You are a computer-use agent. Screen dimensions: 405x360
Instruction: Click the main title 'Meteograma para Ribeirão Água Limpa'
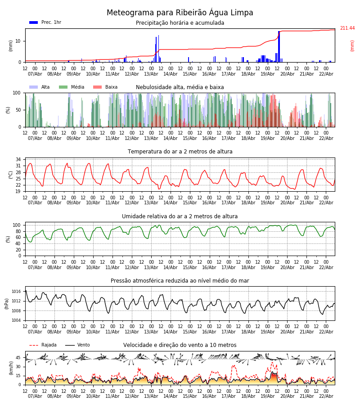pyautogui.click(x=180, y=13)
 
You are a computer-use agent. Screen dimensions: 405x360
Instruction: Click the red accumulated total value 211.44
pyautogui.click(x=347, y=28)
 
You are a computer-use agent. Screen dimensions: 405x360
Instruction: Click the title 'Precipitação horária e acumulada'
pyautogui.click(x=180, y=23)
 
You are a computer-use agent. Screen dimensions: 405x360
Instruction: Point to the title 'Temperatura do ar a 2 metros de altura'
pyautogui.click(x=180, y=152)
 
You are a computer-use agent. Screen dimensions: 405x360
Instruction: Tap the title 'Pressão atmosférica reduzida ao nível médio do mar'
pyautogui.click(x=180, y=281)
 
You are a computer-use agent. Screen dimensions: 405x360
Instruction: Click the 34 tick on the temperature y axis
pyautogui.click(x=18, y=159)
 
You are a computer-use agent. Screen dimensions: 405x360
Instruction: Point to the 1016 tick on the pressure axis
pyautogui.click(x=16, y=291)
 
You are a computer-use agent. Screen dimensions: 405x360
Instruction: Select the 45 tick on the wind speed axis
pyautogui.click(x=18, y=358)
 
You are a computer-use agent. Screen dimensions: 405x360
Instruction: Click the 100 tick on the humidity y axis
pyautogui.click(x=17, y=225)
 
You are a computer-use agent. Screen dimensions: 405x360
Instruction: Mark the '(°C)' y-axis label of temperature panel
pyautogui.click(x=11, y=175)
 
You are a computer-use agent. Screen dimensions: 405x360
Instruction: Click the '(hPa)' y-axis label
pyautogui.click(x=7, y=303)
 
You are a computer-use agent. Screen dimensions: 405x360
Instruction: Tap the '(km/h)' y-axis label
pyautogui.click(x=11, y=368)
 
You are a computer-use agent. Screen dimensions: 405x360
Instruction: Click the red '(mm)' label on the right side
pyautogui.click(x=352, y=45)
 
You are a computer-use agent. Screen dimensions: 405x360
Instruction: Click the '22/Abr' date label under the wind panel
pyautogui.click(x=326, y=396)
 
